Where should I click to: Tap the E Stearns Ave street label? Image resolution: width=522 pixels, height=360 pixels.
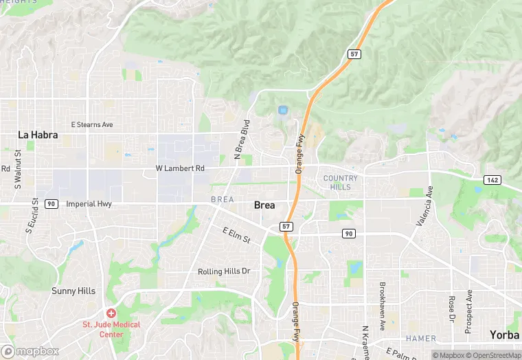tap(92, 125)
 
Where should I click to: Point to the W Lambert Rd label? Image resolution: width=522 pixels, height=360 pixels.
tap(180, 168)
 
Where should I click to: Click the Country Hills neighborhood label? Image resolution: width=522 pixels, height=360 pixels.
tap(341, 183)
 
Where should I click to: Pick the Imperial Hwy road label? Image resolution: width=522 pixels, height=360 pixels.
tap(89, 204)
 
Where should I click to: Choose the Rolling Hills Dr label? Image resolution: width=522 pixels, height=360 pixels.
tap(224, 271)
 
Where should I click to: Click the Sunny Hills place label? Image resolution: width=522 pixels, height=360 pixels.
tap(73, 291)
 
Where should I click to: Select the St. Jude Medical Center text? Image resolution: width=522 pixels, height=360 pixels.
tap(111, 329)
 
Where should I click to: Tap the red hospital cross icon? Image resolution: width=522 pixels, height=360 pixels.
tap(111, 313)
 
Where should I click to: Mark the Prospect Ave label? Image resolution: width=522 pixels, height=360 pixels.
tap(468, 311)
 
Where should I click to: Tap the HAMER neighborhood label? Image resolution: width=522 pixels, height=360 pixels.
tap(421, 339)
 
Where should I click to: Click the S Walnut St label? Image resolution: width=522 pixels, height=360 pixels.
tap(19, 174)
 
